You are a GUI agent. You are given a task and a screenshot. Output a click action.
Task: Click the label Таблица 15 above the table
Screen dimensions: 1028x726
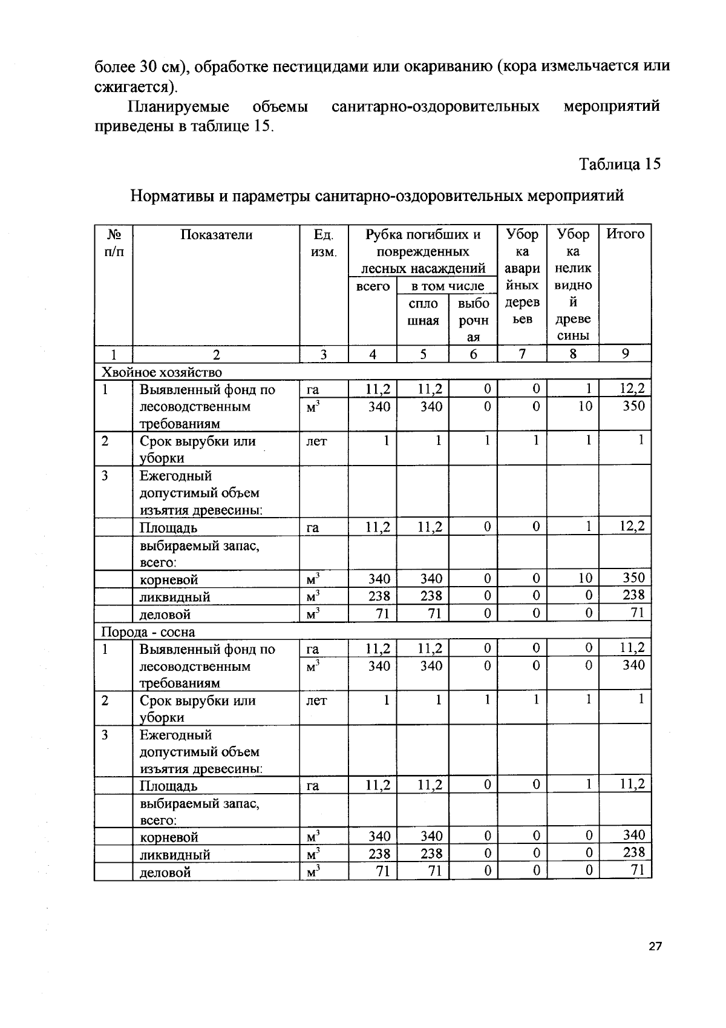click(620, 164)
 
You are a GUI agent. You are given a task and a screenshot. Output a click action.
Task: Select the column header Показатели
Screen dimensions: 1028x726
click(216, 235)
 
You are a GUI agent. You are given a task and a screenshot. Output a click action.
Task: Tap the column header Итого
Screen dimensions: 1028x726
click(625, 234)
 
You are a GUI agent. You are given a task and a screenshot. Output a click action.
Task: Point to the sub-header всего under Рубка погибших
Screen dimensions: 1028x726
click(373, 286)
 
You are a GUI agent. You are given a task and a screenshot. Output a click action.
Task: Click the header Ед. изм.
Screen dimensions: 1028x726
click(324, 243)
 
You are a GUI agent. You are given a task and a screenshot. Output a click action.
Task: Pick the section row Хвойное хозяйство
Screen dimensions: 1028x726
click(162, 372)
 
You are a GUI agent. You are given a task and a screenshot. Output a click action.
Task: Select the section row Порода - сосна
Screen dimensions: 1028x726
click(148, 632)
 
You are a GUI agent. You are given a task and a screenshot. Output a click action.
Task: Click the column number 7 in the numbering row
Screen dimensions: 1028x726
click(522, 354)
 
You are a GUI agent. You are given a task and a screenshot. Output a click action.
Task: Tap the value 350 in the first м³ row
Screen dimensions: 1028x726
click(633, 406)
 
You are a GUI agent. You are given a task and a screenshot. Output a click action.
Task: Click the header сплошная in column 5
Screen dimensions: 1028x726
click(423, 311)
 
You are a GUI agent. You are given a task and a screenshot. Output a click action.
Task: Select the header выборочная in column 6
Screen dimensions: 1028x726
click(473, 320)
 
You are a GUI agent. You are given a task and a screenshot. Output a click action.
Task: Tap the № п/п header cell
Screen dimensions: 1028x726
click(113, 243)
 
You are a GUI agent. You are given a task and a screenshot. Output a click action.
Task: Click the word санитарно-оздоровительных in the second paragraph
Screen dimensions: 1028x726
click(435, 107)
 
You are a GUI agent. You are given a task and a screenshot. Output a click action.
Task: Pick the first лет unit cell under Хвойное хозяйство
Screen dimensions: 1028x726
click(316, 441)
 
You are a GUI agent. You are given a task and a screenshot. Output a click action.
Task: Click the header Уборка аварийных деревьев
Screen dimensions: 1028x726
click(522, 276)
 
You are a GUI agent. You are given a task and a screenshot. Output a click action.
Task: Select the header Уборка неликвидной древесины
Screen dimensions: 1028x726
click(572, 285)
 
